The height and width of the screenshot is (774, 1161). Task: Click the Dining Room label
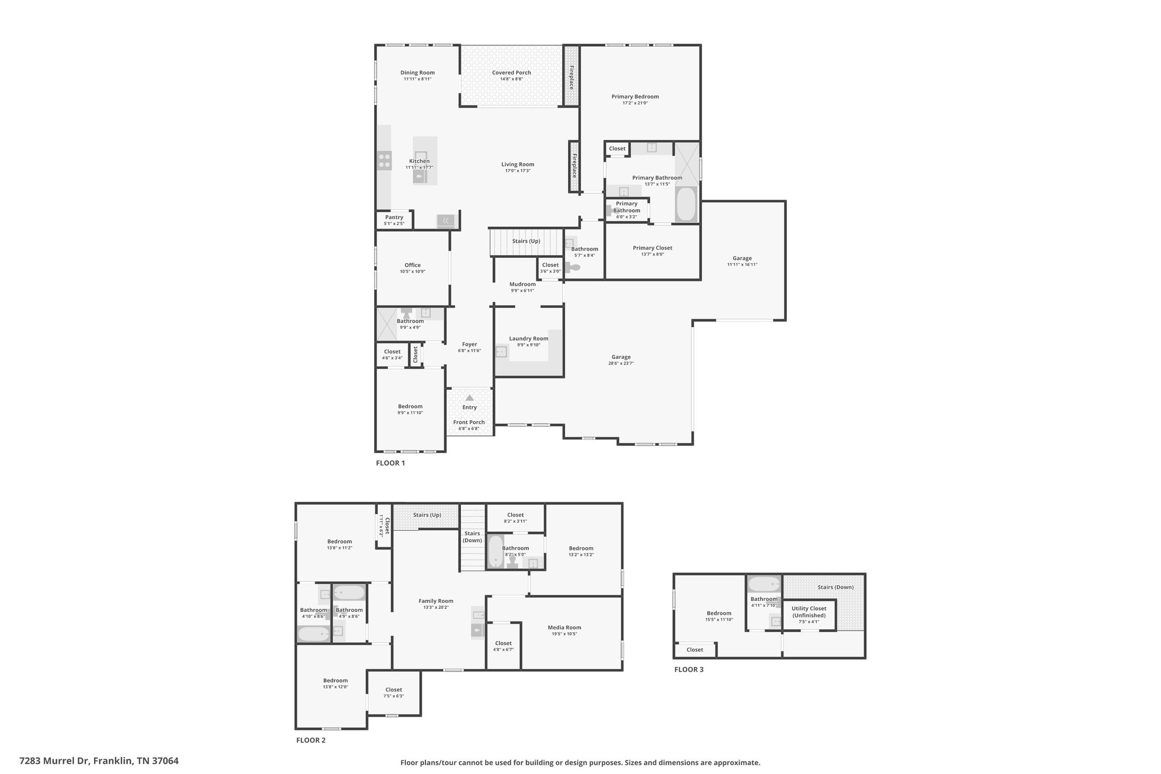tap(417, 73)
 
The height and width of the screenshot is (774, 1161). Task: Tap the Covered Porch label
tap(511, 73)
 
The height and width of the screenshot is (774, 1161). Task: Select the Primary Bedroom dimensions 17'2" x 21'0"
tap(635, 103)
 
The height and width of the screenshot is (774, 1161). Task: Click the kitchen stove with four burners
tap(384, 160)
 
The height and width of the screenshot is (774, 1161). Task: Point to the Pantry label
tap(394, 217)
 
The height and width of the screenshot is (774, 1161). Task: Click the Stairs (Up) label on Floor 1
tap(526, 241)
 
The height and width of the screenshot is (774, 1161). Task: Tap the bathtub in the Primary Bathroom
tap(687, 204)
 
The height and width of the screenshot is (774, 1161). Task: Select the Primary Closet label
tap(652, 248)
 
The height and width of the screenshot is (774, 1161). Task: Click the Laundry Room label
tap(528, 339)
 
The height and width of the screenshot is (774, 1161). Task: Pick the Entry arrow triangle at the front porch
tap(469, 398)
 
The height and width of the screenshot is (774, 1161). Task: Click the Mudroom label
tap(522, 284)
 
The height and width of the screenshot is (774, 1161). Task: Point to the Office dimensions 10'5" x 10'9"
tap(412, 272)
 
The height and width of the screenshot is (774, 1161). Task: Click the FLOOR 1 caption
tap(391, 463)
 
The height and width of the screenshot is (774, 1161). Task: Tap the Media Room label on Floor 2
tap(564, 627)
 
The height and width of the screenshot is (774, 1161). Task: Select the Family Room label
tap(436, 601)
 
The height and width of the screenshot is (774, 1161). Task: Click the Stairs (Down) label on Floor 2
tap(472, 537)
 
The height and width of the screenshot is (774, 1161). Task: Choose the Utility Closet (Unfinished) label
tap(809, 612)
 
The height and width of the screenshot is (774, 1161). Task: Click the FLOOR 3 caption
tap(689, 669)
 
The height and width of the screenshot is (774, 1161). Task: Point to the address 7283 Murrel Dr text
tap(54, 760)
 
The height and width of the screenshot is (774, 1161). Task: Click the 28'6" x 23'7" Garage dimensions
tap(621, 363)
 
